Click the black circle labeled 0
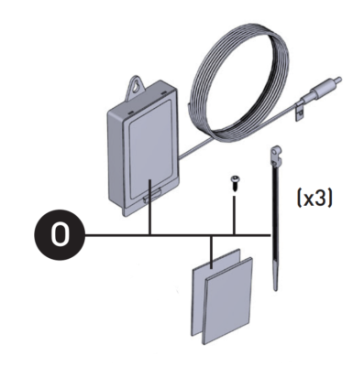(60, 236)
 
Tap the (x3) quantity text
(314, 196)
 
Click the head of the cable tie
(273, 150)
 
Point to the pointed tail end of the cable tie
(276, 285)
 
